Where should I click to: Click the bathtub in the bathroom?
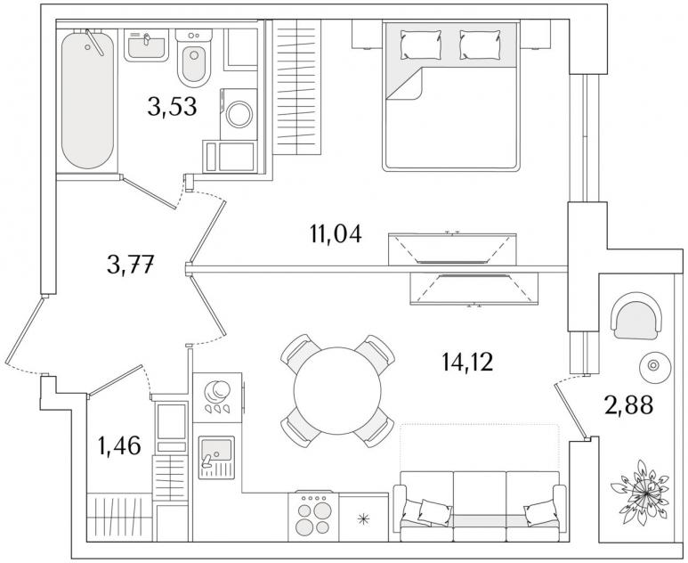click(x=88, y=100)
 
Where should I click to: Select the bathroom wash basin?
click(x=146, y=45)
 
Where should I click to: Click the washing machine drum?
click(x=239, y=114)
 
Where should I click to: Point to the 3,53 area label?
click(x=172, y=107)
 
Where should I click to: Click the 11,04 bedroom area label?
click(x=336, y=233)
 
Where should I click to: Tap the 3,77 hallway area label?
click(x=130, y=265)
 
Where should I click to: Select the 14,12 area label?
click(x=467, y=362)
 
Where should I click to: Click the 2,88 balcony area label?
click(x=628, y=405)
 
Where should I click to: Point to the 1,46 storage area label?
click(x=119, y=445)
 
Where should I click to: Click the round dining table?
click(x=337, y=391)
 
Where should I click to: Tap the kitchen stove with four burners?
click(x=313, y=516)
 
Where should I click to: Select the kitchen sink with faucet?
click(x=217, y=457)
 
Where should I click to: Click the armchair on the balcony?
click(x=635, y=315)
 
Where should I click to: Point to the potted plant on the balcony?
click(x=642, y=493)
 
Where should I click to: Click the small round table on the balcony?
click(x=653, y=365)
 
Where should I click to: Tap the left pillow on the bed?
click(x=420, y=45)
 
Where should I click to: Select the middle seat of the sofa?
click(x=479, y=506)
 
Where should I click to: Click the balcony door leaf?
click(x=571, y=411)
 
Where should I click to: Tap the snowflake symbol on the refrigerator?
click(x=363, y=519)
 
